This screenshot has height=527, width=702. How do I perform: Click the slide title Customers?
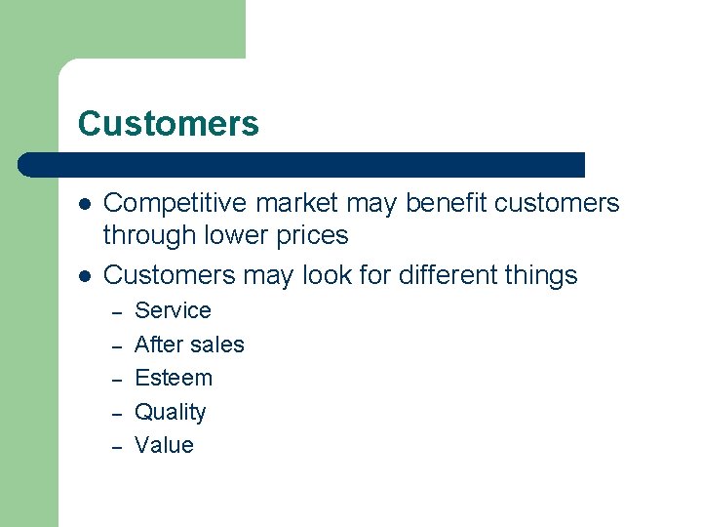click(168, 124)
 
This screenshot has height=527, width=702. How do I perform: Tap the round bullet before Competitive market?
click(85, 204)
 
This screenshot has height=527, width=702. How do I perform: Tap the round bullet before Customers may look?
click(85, 276)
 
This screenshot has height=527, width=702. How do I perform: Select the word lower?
click(233, 235)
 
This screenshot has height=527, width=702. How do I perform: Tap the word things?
click(541, 276)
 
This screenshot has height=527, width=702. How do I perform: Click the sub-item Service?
click(173, 310)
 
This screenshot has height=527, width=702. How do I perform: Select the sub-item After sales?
click(189, 345)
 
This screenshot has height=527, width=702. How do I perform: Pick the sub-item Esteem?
click(173, 378)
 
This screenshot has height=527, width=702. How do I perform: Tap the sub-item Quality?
click(170, 412)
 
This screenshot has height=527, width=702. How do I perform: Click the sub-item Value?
click(164, 445)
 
